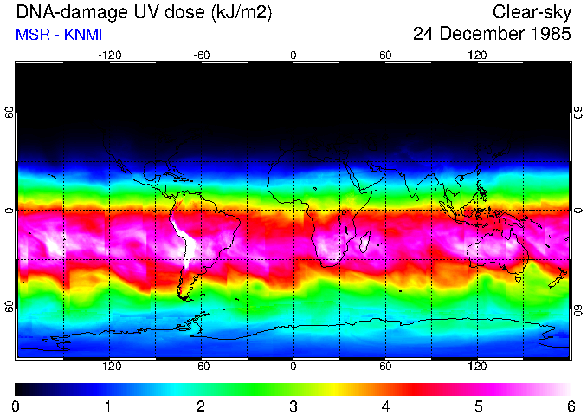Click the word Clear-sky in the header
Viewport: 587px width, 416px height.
point(532,12)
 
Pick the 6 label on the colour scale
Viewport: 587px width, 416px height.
point(570,406)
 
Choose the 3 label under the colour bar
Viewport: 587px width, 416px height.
point(293,406)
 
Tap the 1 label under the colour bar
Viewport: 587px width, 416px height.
point(108,406)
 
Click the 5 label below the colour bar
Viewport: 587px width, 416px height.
point(477,406)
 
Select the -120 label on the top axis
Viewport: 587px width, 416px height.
point(109,55)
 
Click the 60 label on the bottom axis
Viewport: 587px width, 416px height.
point(385,366)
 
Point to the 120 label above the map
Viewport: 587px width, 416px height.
point(477,55)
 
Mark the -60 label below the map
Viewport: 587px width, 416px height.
point(201,366)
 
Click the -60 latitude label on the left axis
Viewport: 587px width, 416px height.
point(10,308)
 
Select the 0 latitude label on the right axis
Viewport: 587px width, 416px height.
point(577,211)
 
